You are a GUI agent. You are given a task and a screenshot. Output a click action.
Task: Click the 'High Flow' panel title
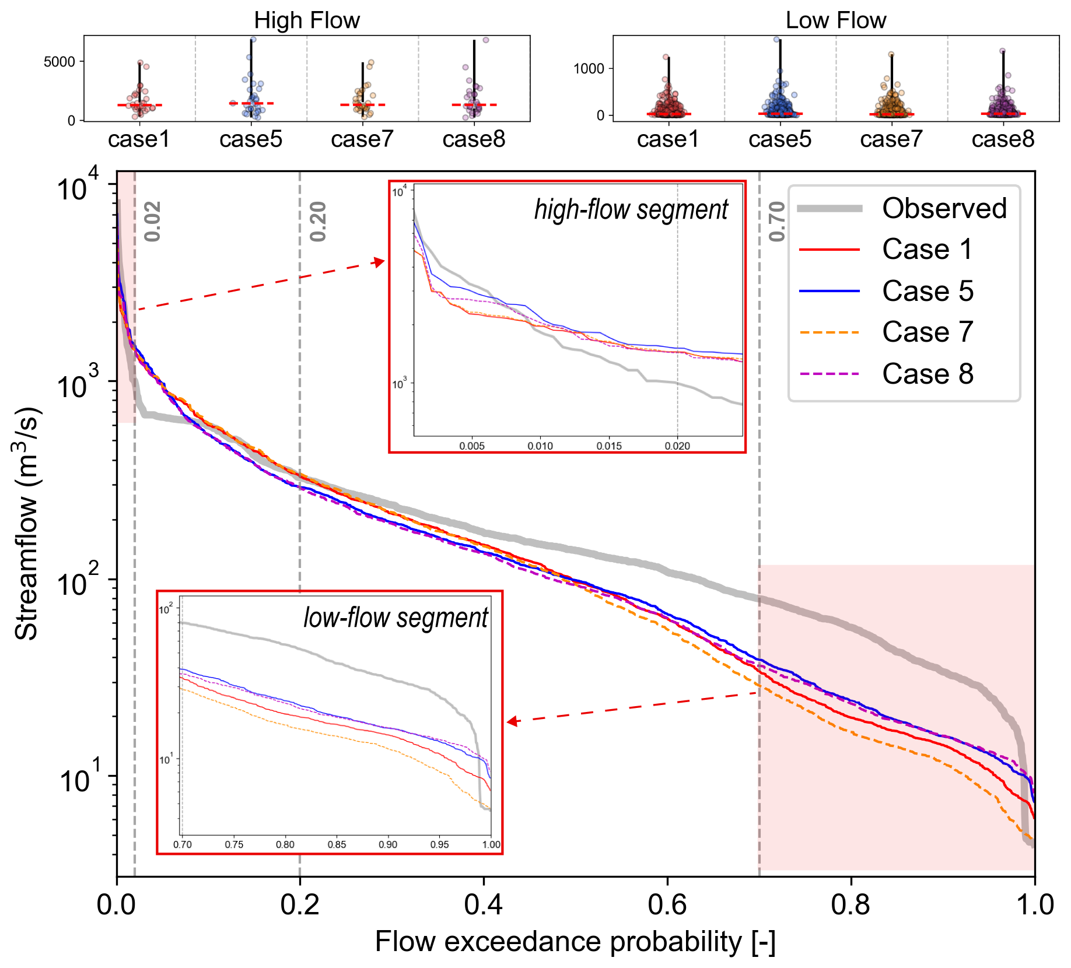(307, 20)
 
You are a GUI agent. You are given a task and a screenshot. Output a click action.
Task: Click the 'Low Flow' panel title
(835, 20)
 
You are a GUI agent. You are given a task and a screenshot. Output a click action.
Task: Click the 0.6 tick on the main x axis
(667, 904)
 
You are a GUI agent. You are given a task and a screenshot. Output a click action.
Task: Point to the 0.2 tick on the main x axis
(300, 904)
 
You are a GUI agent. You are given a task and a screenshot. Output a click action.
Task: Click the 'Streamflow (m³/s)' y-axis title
(26, 524)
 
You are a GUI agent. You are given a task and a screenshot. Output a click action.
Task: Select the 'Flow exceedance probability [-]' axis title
(575, 942)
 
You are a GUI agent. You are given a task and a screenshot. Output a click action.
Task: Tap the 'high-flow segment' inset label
(631, 209)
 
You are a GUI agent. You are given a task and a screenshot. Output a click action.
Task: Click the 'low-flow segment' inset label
(395, 618)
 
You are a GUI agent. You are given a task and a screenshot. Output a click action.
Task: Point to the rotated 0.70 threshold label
(777, 222)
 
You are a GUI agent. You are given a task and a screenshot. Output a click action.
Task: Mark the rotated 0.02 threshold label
(152, 222)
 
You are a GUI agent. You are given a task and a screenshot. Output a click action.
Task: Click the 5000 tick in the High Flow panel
(60, 62)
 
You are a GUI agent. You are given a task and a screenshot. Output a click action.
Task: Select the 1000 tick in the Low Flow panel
(589, 69)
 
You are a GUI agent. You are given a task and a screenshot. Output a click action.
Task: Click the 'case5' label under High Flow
(251, 139)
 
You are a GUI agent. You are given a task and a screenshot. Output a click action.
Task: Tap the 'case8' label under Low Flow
(1003, 139)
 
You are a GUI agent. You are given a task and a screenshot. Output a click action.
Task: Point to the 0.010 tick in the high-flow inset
(540, 446)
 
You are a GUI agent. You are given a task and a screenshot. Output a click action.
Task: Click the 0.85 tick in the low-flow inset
(337, 844)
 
